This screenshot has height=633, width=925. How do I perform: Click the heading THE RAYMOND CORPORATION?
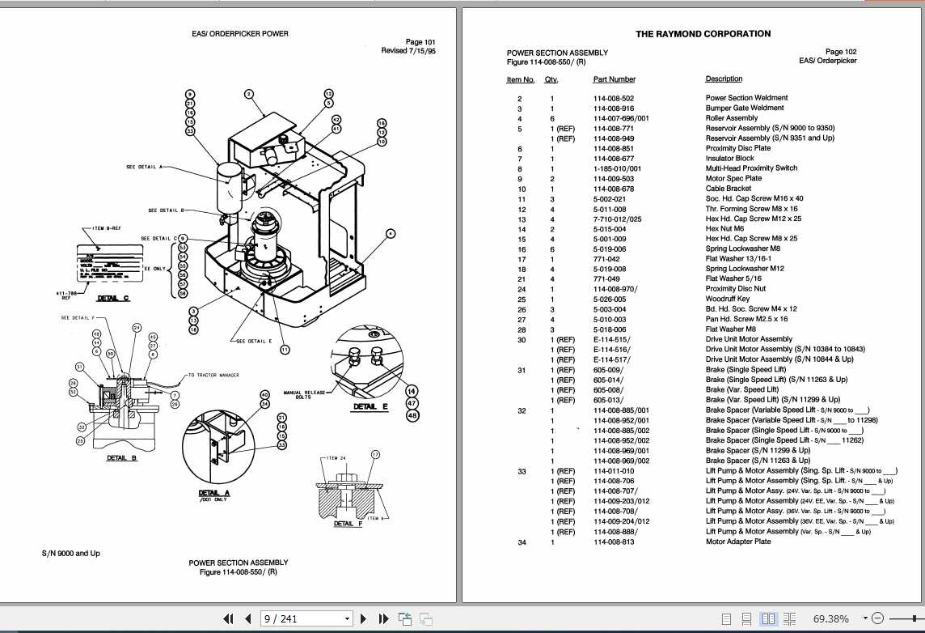coord(703,34)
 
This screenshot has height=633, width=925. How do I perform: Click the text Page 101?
coord(420,42)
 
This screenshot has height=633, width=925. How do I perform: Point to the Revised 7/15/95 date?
coord(408,51)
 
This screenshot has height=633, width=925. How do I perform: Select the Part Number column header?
coord(614,79)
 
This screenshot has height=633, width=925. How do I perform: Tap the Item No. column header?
coord(520,79)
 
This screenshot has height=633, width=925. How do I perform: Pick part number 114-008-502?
coord(614,98)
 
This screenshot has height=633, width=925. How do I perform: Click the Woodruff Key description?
coord(728,299)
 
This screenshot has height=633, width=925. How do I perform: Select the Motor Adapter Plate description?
coord(737,542)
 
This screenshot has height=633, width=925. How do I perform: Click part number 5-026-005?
coord(610,299)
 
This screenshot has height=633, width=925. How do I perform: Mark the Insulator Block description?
coord(729,159)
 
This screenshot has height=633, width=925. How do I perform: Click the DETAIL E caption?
coord(370,406)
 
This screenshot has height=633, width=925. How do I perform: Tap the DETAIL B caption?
coord(122,458)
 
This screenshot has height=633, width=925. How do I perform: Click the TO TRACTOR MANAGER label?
coord(213,376)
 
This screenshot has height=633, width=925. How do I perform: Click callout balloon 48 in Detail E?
coord(412,416)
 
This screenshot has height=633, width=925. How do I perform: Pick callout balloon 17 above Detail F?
coord(375,455)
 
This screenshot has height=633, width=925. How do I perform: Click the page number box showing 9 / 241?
coord(307,619)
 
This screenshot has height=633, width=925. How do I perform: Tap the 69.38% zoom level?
coord(830,619)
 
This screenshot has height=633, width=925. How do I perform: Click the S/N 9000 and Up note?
coord(71,554)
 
